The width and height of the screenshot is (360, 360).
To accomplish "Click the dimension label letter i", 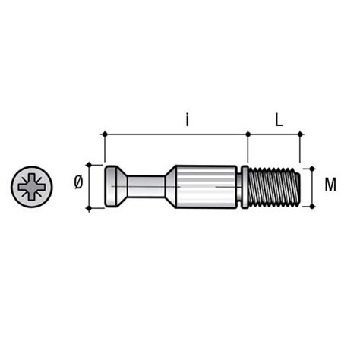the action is (187, 121).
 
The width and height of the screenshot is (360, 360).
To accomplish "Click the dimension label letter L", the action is (279, 120).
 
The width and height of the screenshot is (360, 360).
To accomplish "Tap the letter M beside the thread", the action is (330, 185).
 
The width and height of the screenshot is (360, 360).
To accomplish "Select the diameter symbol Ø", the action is (78, 182).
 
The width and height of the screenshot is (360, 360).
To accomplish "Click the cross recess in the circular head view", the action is (32, 187).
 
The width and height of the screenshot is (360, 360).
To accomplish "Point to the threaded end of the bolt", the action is (274, 187).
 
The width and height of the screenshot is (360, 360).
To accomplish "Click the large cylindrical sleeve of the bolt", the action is (207, 187).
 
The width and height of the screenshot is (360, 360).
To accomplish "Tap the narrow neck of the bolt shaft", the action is (146, 187).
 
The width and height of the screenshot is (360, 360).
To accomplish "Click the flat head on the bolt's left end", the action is (112, 186).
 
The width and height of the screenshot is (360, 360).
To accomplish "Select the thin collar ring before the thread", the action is (245, 187).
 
